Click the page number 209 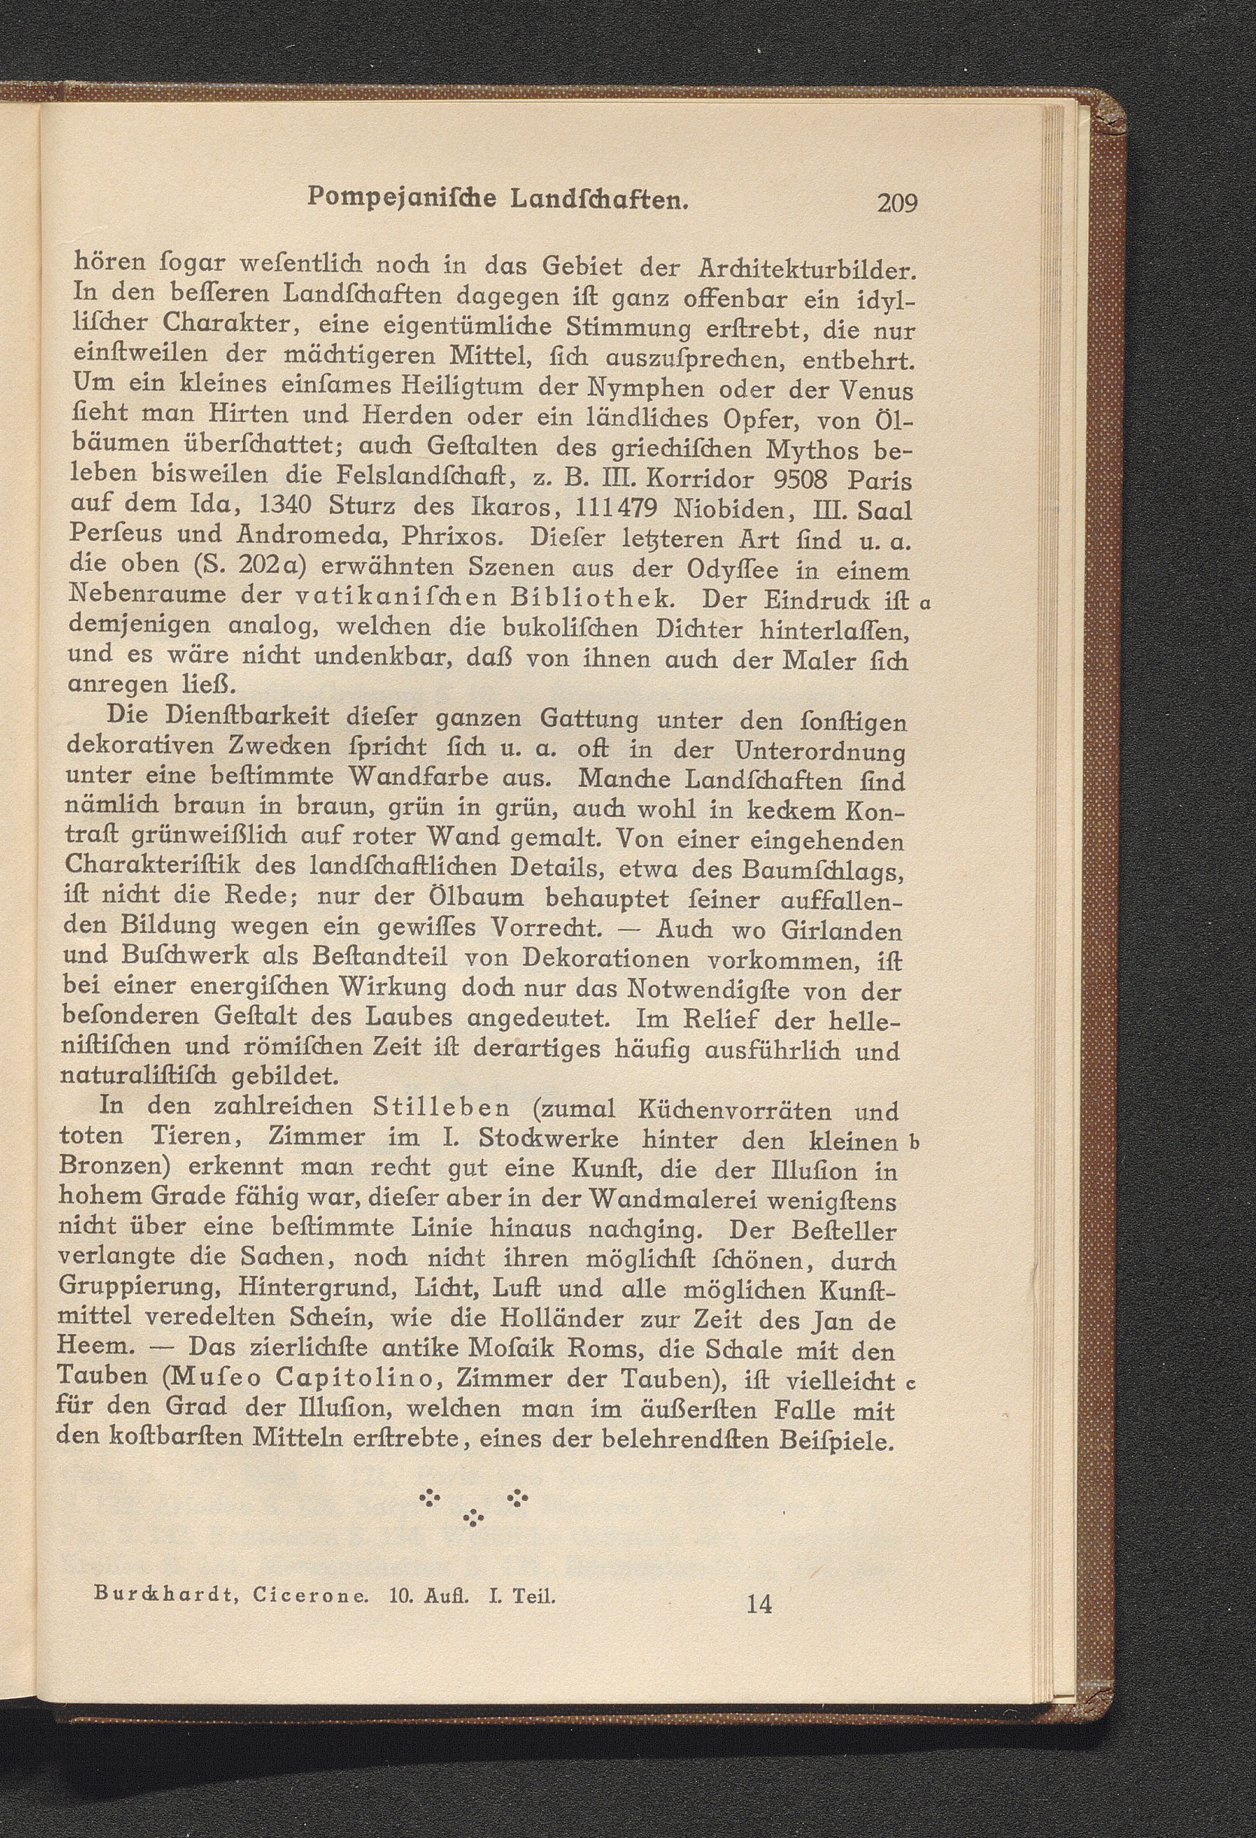pos(896,204)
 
